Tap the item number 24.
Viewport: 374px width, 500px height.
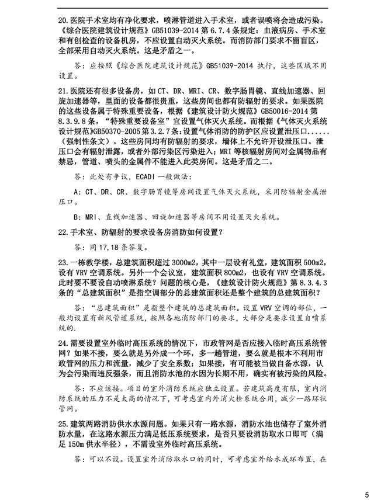click(x=64, y=341)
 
